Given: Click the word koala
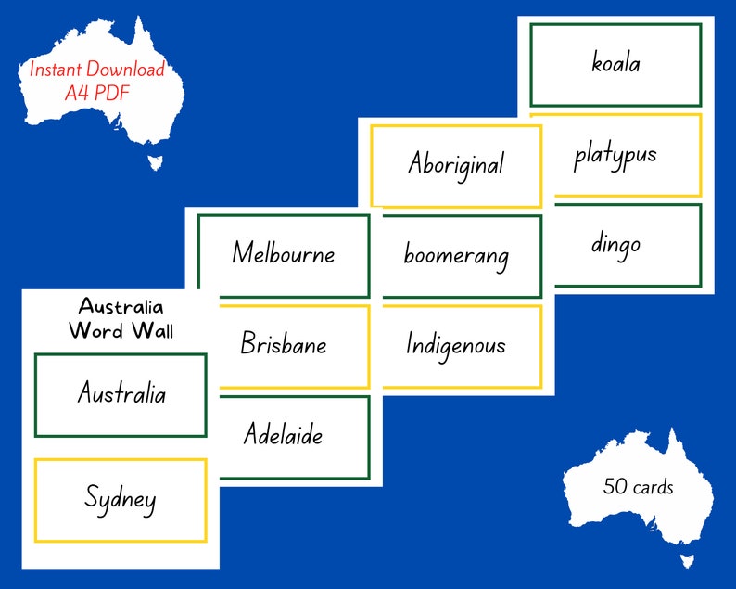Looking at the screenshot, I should (x=615, y=63).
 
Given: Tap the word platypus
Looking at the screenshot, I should (x=615, y=154).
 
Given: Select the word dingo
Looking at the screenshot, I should (x=615, y=244).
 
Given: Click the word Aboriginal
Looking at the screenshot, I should (x=456, y=164).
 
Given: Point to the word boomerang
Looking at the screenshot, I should (x=456, y=255).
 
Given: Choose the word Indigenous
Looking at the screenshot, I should (x=456, y=345).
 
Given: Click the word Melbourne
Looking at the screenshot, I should (x=284, y=252).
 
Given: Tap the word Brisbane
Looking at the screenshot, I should (x=284, y=344).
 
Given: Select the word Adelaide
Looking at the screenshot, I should (x=284, y=433).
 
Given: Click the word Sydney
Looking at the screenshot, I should (x=121, y=500).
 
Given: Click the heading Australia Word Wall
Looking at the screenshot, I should (x=121, y=317).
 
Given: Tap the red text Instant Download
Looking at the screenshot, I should (x=97, y=69).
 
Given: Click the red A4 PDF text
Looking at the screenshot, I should (x=97, y=92).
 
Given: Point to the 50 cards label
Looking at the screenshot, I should (x=638, y=486).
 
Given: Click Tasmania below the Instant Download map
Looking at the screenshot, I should (x=155, y=162).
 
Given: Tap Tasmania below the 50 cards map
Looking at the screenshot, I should (x=687, y=560).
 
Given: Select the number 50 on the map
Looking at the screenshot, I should (x=613, y=486).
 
